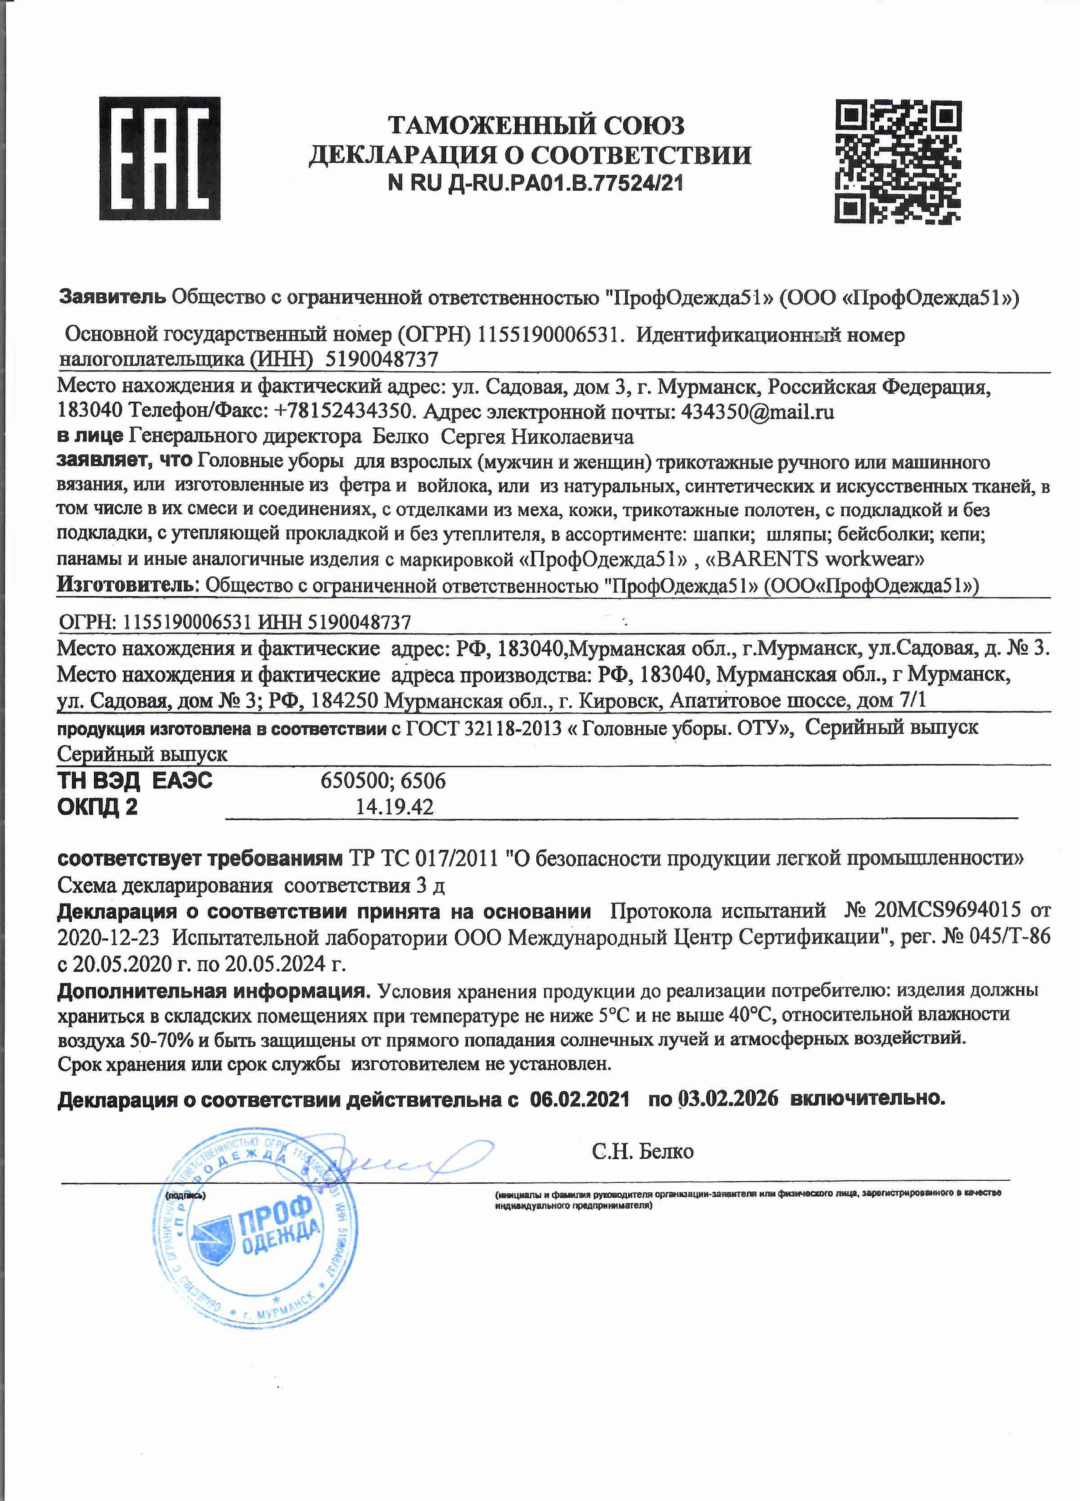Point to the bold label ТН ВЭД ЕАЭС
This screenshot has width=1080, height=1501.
click(x=135, y=781)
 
